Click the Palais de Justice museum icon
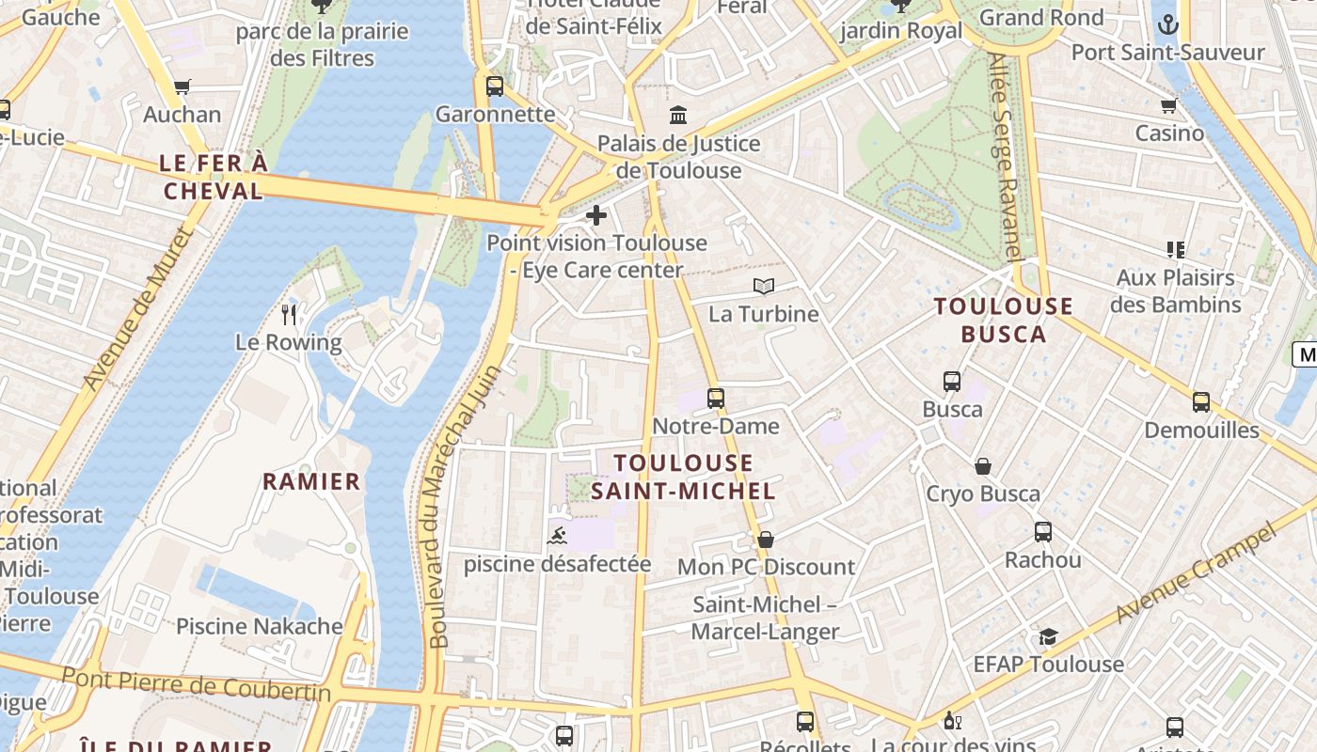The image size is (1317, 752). [678, 116]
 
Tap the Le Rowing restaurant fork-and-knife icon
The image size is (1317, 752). [289, 314]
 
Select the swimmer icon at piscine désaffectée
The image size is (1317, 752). [557, 537]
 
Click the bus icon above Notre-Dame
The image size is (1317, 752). [716, 398]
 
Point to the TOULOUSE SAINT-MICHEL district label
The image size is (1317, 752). [684, 477]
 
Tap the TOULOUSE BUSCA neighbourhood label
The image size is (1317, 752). [1003, 320]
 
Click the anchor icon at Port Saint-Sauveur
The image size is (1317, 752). [1167, 24]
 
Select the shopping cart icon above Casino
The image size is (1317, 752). [1169, 105]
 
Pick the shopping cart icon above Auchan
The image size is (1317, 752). [182, 87]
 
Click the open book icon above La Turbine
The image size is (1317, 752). [764, 286]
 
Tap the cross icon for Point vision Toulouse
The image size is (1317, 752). [596, 216]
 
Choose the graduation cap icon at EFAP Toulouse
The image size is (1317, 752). [1048, 636]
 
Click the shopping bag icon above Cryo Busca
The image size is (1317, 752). [983, 466]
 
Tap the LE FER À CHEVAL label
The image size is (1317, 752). [214, 177]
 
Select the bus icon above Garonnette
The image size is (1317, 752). [495, 86]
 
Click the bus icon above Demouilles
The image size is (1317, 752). [1201, 402]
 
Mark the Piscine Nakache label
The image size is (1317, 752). [260, 626]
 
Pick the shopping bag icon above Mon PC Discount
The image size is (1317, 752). [766, 540]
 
